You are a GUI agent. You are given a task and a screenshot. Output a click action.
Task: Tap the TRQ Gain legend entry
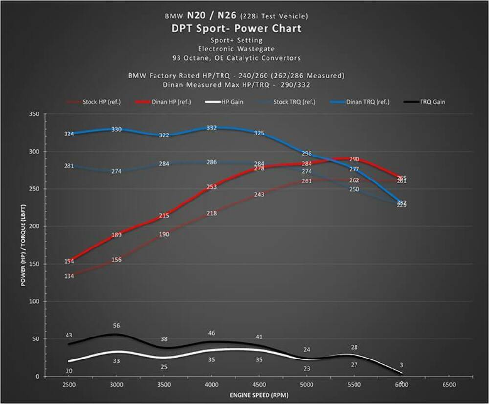pos(432,102)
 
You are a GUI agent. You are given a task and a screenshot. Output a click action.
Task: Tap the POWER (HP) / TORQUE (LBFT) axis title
pos(23,245)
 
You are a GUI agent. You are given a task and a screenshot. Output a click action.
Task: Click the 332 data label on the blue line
pos(211,128)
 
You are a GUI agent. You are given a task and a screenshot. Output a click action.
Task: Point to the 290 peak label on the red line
pos(354,159)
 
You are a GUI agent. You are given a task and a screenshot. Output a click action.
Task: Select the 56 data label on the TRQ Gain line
pos(116,326)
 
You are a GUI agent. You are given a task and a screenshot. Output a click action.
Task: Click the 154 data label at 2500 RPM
pos(69,262)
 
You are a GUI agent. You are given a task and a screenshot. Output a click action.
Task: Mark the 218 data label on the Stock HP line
pos(211,213)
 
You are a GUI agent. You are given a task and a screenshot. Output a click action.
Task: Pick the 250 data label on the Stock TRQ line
pos(354,189)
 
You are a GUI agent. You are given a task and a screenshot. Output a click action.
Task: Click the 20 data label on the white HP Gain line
pos(69,371)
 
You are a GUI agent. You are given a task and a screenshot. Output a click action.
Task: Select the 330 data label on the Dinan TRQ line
pos(116,130)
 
